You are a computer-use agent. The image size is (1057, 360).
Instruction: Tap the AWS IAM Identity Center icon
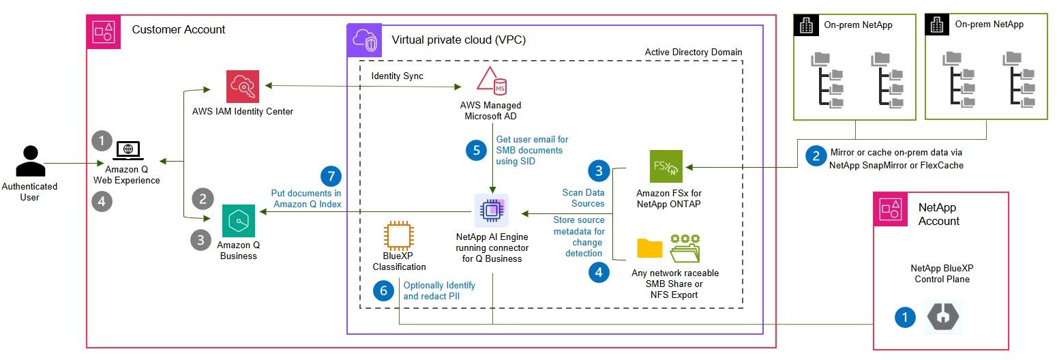click(x=243, y=86)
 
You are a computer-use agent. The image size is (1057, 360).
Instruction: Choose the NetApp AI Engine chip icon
click(x=490, y=210)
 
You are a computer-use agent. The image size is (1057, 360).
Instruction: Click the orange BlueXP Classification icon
click(x=400, y=237)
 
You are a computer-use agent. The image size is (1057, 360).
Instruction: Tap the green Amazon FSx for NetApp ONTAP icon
click(x=666, y=166)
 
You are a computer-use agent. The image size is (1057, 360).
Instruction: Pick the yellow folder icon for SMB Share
click(x=649, y=248)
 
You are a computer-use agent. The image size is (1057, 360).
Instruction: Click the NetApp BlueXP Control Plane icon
click(x=944, y=316)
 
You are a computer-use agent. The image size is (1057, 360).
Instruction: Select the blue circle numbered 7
click(x=331, y=176)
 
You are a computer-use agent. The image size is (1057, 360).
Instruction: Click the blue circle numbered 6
click(x=384, y=291)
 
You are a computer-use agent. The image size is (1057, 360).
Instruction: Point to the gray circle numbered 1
click(x=102, y=140)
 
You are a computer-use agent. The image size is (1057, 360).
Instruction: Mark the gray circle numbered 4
click(x=102, y=202)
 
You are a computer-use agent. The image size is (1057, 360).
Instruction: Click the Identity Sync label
click(x=397, y=76)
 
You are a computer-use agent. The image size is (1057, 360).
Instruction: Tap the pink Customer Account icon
click(x=103, y=31)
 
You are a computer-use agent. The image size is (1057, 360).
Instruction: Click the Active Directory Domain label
click(x=693, y=52)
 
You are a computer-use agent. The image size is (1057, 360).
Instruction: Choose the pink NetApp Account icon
click(x=891, y=210)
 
